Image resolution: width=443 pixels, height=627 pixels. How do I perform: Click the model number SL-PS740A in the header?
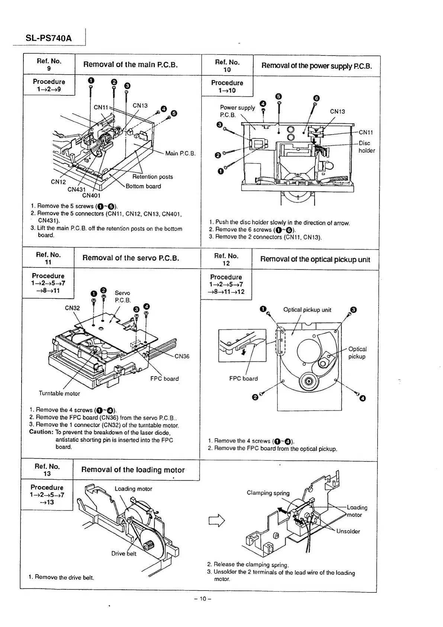tap(49, 38)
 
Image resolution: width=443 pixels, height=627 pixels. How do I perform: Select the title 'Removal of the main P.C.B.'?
tap(131, 64)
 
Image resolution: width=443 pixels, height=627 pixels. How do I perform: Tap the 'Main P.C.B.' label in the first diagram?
tap(180, 153)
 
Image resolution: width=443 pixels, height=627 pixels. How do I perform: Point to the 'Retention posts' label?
tap(153, 177)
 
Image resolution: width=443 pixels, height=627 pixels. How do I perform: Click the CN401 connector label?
tap(92, 195)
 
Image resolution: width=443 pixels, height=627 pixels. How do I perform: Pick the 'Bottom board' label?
tap(143, 186)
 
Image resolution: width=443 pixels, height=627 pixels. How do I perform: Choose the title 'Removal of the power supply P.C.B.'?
tap(317, 66)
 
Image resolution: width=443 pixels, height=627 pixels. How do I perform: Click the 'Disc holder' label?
tap(366, 147)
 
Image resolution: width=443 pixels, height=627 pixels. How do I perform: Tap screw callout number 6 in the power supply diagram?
tap(316, 98)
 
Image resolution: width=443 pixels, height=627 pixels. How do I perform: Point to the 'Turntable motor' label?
tap(59, 393)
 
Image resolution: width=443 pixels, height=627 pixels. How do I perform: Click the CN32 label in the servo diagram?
tap(72, 308)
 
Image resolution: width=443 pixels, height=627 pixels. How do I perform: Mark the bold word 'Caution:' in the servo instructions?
tap(41, 432)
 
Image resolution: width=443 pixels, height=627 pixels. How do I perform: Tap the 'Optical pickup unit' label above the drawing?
tap(307, 310)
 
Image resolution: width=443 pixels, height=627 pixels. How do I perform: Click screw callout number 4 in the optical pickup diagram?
tap(363, 399)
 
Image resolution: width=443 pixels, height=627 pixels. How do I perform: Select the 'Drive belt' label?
tap(124, 554)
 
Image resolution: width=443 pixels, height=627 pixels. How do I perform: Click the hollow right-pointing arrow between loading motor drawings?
tap(218, 520)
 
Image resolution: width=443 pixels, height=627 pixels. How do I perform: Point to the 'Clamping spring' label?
tap(268, 493)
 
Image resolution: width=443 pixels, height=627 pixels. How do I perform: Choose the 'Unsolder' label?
tap(348, 531)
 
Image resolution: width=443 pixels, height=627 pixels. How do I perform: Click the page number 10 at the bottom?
tap(203, 599)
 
